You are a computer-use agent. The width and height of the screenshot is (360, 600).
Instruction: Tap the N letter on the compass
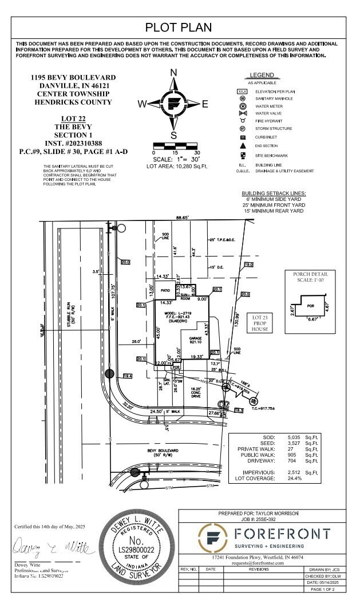click(173, 72)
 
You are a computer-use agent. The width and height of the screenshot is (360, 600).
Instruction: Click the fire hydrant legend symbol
click(243, 121)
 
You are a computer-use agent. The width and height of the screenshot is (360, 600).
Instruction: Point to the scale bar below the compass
click(175, 147)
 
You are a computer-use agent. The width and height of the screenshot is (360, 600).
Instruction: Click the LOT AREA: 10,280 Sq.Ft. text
click(175, 165)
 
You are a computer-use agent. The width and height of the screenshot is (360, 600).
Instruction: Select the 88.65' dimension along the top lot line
click(182, 218)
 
